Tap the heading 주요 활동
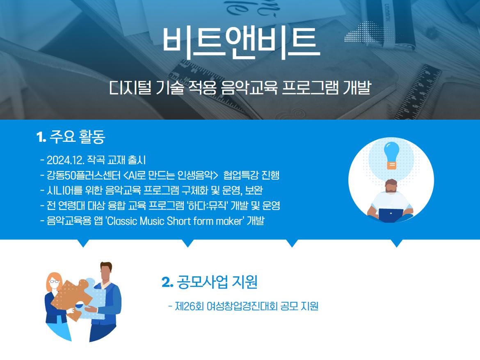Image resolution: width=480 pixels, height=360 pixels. point(77,137)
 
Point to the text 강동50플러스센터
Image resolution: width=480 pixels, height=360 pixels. point(84,175)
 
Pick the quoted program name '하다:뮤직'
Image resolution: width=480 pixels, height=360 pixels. point(207,205)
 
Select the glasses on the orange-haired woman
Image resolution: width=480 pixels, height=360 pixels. point(54,282)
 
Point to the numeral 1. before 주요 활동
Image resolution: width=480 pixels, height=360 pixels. point(41,137)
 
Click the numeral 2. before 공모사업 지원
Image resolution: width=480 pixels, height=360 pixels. point(167,283)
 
